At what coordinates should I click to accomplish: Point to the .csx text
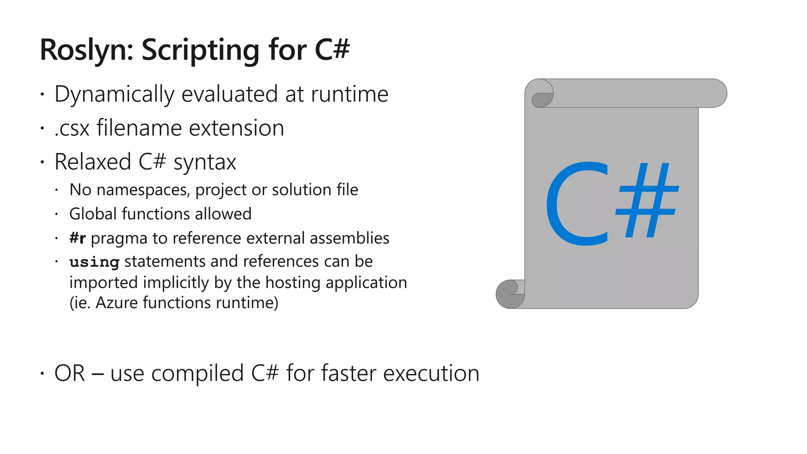tap(72, 128)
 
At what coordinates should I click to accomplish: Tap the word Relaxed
tap(93, 162)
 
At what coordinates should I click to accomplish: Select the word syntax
tap(205, 162)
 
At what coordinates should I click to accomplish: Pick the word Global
tap(93, 214)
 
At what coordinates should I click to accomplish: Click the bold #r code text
tap(78, 238)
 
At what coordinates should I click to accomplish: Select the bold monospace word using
tap(94, 262)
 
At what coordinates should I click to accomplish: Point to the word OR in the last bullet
tap(70, 373)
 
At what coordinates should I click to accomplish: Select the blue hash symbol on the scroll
tap(647, 201)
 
